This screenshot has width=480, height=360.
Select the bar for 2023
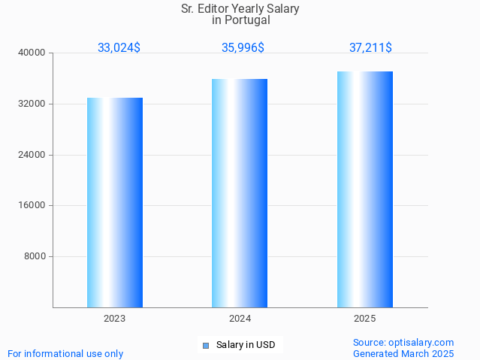(x=115, y=202)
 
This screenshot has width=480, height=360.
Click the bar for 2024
(x=240, y=193)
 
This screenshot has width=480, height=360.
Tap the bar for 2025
(x=365, y=189)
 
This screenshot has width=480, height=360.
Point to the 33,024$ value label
(x=119, y=47)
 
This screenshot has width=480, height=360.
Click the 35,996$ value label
(x=243, y=47)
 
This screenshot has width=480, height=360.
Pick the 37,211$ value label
(x=370, y=47)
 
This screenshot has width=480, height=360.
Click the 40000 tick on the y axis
(x=32, y=53)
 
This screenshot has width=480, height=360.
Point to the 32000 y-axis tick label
(x=32, y=104)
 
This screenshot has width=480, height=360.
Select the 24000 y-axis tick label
(x=32, y=155)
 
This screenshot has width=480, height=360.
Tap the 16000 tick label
(x=32, y=205)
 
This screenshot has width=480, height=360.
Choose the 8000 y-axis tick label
(x=35, y=256)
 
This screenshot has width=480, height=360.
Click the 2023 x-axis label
(x=115, y=319)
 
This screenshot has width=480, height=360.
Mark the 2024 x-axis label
(x=240, y=319)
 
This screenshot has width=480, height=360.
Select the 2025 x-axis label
(x=365, y=319)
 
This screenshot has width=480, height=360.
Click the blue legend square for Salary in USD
(x=205, y=346)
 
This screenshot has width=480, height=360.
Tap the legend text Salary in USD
(x=246, y=345)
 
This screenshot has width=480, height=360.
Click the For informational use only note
(x=65, y=353)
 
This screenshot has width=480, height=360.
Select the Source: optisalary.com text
(x=403, y=342)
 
